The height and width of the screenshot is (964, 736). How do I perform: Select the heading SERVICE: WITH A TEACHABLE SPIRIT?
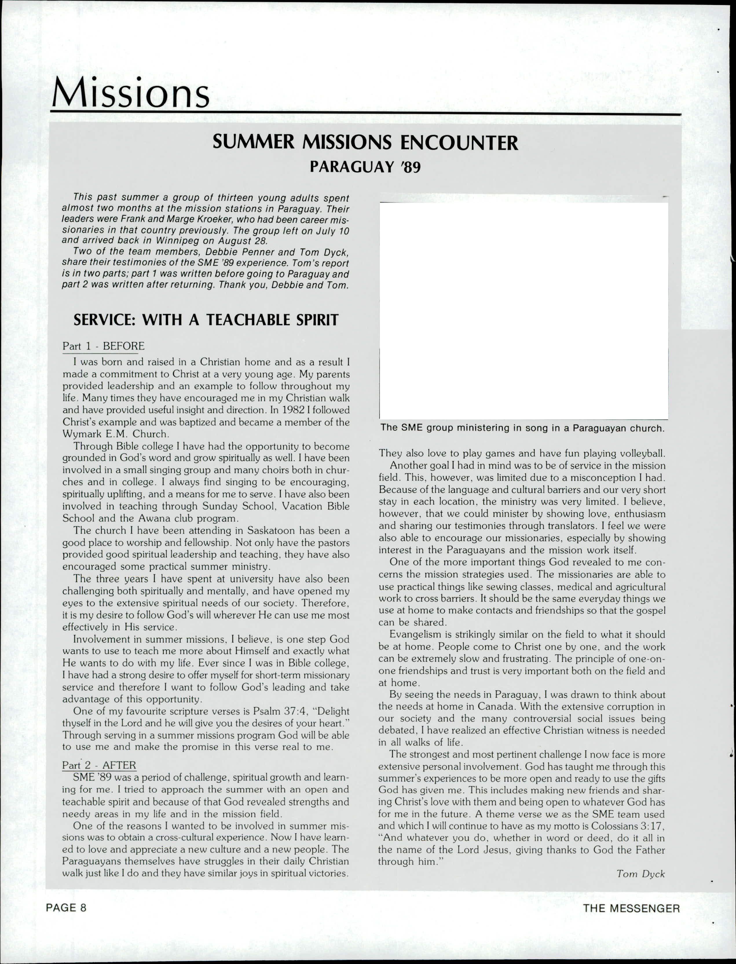coord(206,320)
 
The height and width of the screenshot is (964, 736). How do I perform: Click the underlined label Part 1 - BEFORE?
coord(103,346)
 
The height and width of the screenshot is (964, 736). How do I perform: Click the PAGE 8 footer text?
coord(66,908)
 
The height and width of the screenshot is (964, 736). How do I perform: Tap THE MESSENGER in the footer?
coord(631,908)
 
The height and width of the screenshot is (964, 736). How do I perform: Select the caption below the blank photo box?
coord(523,428)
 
